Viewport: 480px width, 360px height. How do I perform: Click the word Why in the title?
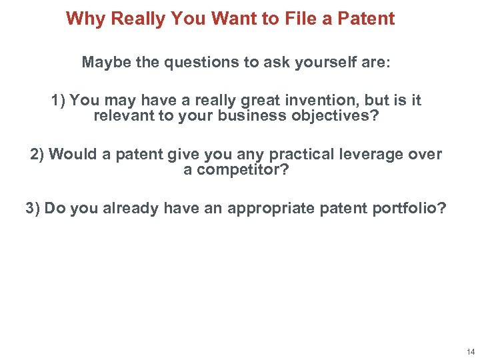click(86, 19)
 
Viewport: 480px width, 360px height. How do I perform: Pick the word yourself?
click(313, 63)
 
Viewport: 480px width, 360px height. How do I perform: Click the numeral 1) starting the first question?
click(58, 101)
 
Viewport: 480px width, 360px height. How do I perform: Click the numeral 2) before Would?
click(37, 155)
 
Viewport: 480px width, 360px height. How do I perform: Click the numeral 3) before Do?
click(33, 208)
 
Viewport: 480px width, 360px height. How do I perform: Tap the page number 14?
click(471, 351)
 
